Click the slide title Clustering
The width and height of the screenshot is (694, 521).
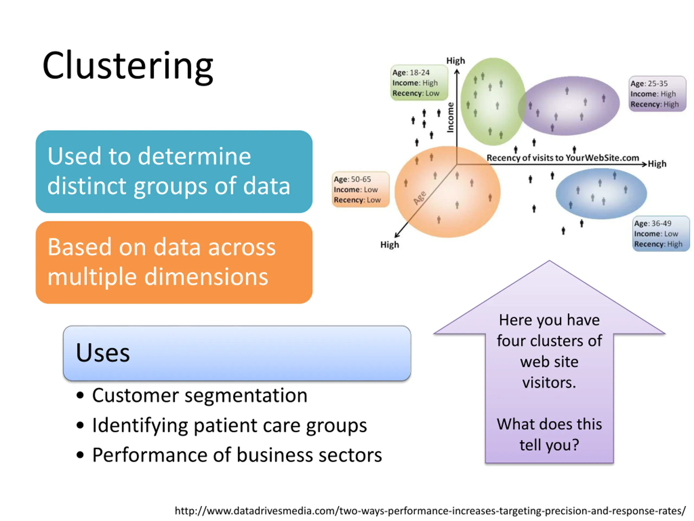coord(128,67)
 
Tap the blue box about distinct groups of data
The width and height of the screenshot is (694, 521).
coord(174,171)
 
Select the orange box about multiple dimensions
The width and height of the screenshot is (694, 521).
coord(174,262)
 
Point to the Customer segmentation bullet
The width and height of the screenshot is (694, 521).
coord(192,395)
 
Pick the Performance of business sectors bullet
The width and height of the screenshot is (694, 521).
coord(229,455)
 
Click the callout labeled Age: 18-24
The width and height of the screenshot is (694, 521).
coord(419,82)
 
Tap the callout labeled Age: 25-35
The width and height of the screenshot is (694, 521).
coord(657,94)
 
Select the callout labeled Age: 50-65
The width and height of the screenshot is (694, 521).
coord(361,189)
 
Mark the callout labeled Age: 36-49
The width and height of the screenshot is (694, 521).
coord(661,234)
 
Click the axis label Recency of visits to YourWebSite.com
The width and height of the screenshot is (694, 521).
coord(563,158)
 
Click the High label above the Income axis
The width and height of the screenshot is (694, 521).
coord(455,61)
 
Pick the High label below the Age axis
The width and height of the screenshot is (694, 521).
coord(390,245)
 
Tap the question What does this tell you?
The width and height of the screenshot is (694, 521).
coord(549,435)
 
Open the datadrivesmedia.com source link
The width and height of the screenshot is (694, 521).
coord(430,511)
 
